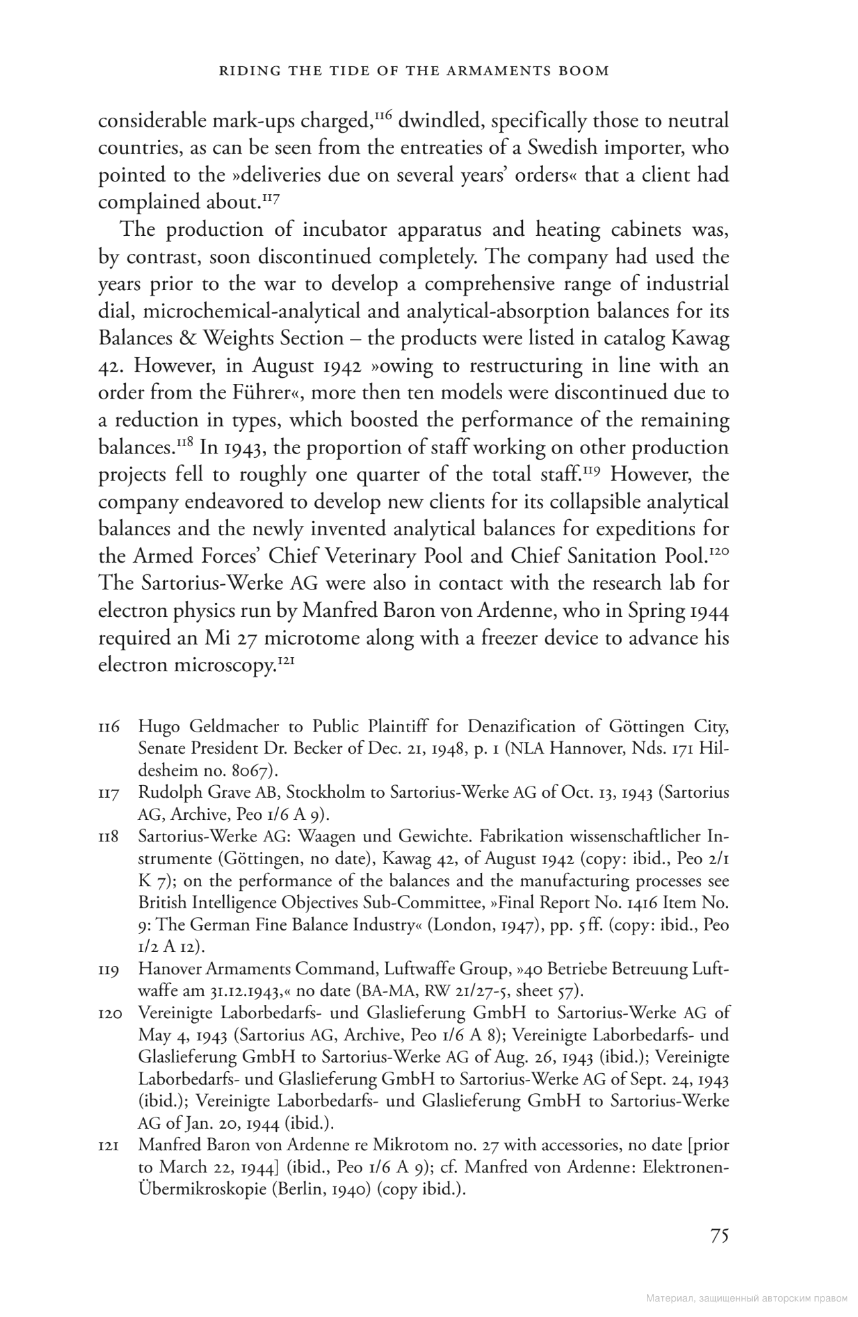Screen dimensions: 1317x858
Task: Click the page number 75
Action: (719, 1236)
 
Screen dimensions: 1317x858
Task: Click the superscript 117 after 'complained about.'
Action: (269, 198)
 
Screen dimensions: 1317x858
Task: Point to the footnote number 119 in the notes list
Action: (109, 969)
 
